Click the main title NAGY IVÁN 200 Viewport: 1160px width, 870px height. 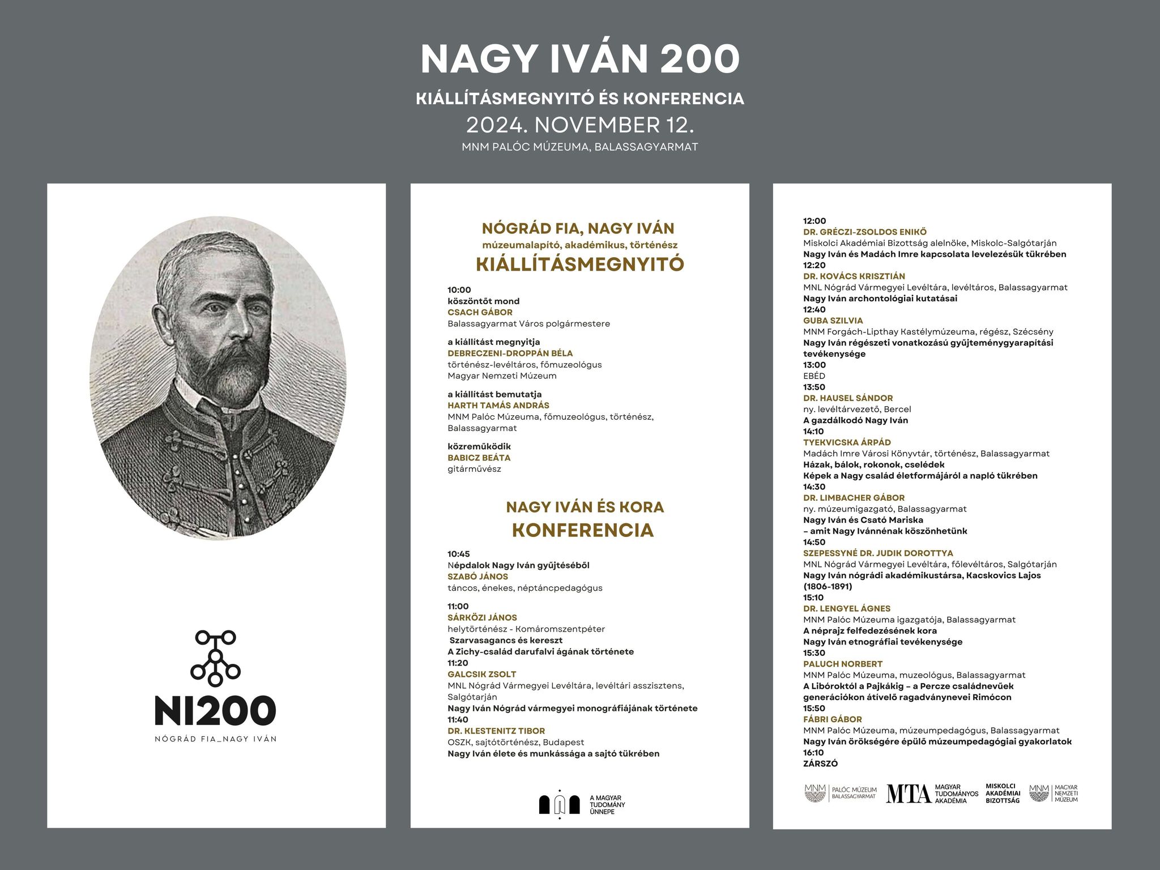coord(579,59)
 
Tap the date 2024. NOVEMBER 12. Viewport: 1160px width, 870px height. coord(579,125)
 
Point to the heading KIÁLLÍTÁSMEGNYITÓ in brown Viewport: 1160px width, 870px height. coord(579,265)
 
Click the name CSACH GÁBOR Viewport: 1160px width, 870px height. coord(480,312)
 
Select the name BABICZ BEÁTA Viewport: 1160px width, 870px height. coord(479,458)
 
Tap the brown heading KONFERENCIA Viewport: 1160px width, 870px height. coord(583,530)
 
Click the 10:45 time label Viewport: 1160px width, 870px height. coord(459,554)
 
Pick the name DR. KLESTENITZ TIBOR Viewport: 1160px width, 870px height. coord(496,731)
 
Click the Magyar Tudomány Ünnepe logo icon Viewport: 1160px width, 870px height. coord(560,804)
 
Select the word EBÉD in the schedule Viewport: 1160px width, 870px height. coord(814,376)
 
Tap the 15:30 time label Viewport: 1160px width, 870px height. coord(814,653)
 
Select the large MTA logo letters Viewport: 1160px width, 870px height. coord(908,794)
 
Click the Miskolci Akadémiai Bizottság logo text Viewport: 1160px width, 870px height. coord(1002,794)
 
